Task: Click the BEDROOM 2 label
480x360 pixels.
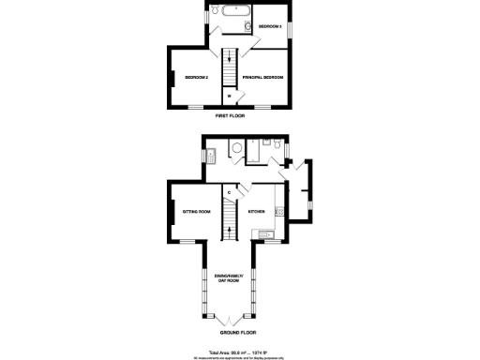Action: point(196,77)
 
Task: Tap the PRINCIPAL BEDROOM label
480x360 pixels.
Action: point(262,77)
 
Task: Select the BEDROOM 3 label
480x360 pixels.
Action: point(271,26)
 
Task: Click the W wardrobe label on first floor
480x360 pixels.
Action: point(229,95)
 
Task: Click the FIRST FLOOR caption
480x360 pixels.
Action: point(230,115)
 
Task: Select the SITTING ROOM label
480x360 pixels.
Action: point(196,212)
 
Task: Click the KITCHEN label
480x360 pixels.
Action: point(257,212)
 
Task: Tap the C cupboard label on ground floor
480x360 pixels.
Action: point(229,194)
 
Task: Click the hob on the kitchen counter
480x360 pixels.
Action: point(278,212)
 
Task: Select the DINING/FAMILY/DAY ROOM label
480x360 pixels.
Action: point(230,277)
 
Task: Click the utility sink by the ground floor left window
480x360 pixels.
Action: point(213,156)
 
